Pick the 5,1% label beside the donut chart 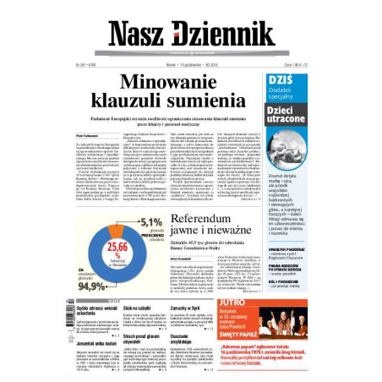point(150,222)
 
